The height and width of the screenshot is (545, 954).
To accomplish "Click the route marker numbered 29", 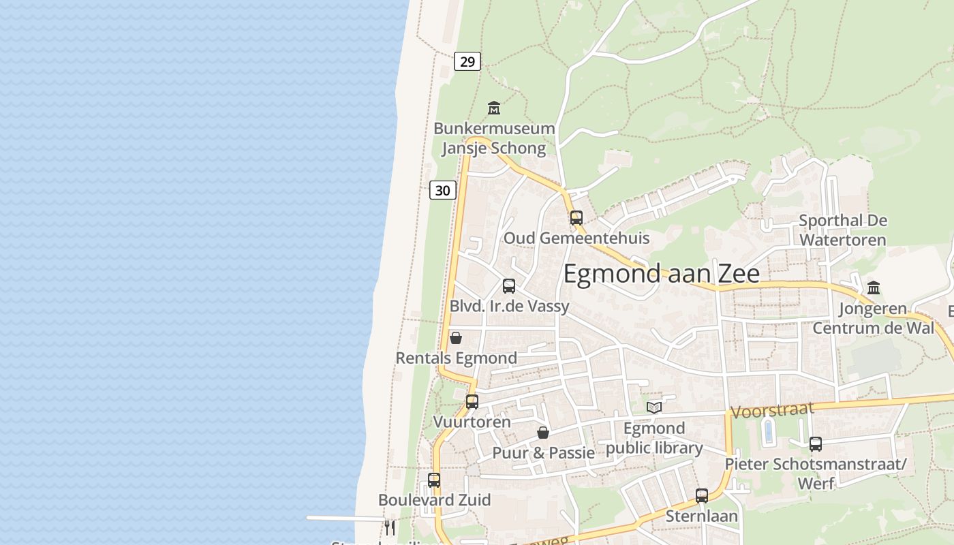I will pyautogui.click(x=467, y=62).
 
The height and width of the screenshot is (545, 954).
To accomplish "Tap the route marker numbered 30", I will pyautogui.click(x=442, y=190).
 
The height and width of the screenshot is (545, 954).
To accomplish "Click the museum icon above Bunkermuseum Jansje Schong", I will pyautogui.click(x=494, y=108).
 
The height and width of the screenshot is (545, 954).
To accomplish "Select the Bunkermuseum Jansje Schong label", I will pyautogui.click(x=494, y=138).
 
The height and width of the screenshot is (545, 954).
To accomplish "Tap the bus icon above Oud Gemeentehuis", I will pyautogui.click(x=576, y=218).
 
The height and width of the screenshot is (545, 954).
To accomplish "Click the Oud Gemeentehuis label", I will pyautogui.click(x=576, y=238).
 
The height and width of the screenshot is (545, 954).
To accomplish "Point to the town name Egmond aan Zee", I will pyautogui.click(x=661, y=273).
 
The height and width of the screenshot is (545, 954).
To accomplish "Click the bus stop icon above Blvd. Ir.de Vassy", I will pyautogui.click(x=509, y=286).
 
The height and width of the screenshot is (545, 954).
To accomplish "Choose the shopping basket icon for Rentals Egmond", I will pyautogui.click(x=456, y=338).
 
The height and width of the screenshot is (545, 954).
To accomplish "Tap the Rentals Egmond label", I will pyautogui.click(x=456, y=358).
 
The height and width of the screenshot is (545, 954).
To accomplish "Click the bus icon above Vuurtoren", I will pyautogui.click(x=472, y=402).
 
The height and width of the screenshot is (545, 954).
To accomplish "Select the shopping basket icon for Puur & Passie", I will pyautogui.click(x=543, y=433).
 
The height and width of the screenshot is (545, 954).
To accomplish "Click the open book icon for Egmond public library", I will pyautogui.click(x=654, y=407).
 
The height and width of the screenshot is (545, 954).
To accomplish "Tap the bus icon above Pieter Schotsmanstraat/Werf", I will pyautogui.click(x=816, y=444).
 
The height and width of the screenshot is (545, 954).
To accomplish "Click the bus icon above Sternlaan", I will pyautogui.click(x=702, y=496).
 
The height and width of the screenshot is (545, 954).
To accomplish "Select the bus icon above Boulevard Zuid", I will pyautogui.click(x=434, y=480).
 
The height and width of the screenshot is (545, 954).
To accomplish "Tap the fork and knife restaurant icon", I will pyautogui.click(x=389, y=527).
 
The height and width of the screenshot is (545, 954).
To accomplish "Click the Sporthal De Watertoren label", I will pyautogui.click(x=842, y=230).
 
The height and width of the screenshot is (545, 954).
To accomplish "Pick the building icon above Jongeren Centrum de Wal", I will pyautogui.click(x=874, y=288).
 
